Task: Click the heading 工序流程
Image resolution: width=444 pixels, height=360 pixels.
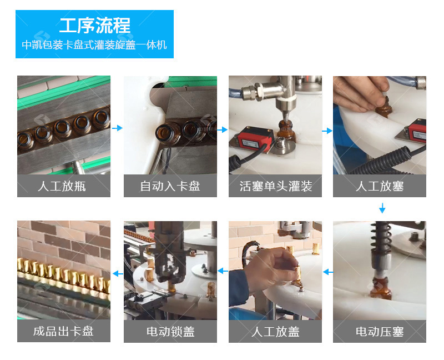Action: [x=94, y=26]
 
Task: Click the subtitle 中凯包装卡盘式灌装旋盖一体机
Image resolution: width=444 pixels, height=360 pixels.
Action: [x=94, y=45]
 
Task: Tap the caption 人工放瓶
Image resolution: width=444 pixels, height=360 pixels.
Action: [x=62, y=186]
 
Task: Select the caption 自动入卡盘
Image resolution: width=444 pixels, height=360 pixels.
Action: [x=170, y=186]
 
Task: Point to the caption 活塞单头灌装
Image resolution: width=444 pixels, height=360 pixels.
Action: [x=275, y=186]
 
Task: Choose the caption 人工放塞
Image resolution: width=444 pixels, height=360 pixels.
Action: [x=380, y=186]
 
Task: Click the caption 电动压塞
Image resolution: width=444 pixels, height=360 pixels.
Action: [x=380, y=332]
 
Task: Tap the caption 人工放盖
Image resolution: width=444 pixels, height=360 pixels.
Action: [x=275, y=332]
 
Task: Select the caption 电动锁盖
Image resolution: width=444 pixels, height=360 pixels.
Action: [x=170, y=332]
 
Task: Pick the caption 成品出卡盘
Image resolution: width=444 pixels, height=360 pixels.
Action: [x=63, y=331]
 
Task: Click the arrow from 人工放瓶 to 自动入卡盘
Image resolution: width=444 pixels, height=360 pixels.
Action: [x=117, y=128]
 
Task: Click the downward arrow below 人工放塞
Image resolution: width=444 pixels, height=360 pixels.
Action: [x=382, y=208]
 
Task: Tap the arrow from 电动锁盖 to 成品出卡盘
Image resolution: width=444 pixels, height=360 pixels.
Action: [x=118, y=273]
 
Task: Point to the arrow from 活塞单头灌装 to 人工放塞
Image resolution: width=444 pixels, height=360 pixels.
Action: [x=327, y=131]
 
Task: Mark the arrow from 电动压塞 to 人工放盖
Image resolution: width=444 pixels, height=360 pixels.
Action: [x=328, y=272]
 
